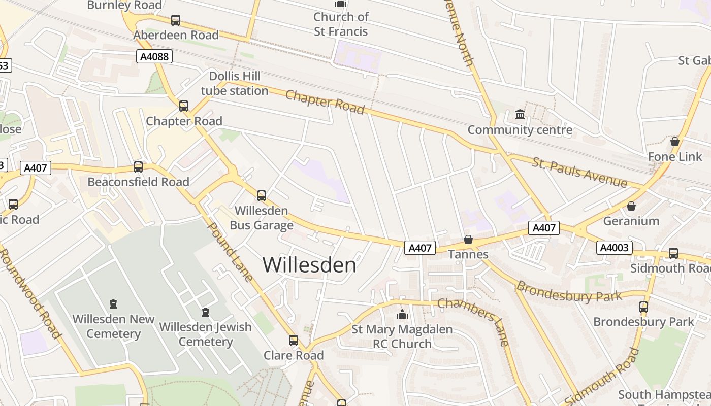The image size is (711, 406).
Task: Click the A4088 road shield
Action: coord(154,56)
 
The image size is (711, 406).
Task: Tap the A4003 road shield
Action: coord(615,248)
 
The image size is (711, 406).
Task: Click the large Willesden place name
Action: coord(309,265)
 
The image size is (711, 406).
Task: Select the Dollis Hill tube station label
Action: coord(235,84)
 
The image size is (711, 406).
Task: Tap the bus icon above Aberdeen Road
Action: coord(176,20)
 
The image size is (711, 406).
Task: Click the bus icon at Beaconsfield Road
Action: coord(138,167)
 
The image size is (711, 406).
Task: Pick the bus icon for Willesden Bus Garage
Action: coord(262,195)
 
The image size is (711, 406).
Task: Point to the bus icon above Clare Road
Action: coord(294,341)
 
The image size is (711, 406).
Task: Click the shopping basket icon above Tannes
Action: coord(468,240)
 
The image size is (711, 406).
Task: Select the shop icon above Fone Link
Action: coord(675,142)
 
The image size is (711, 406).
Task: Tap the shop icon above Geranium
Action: coord(631,206)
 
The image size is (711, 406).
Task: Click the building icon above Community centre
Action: coord(520,115)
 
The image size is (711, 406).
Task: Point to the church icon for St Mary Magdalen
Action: coord(402,315)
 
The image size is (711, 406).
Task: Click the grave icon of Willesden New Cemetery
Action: coord(113,304)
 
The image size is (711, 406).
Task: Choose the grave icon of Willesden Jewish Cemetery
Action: coord(206,312)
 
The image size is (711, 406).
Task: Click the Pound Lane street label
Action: coord(231,252)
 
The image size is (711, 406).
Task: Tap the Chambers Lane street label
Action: coord(473,322)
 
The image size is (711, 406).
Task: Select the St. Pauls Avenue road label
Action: coord(579,172)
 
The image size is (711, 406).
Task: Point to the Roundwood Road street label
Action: coord(30,292)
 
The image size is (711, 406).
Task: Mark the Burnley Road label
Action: coord(124,5)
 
